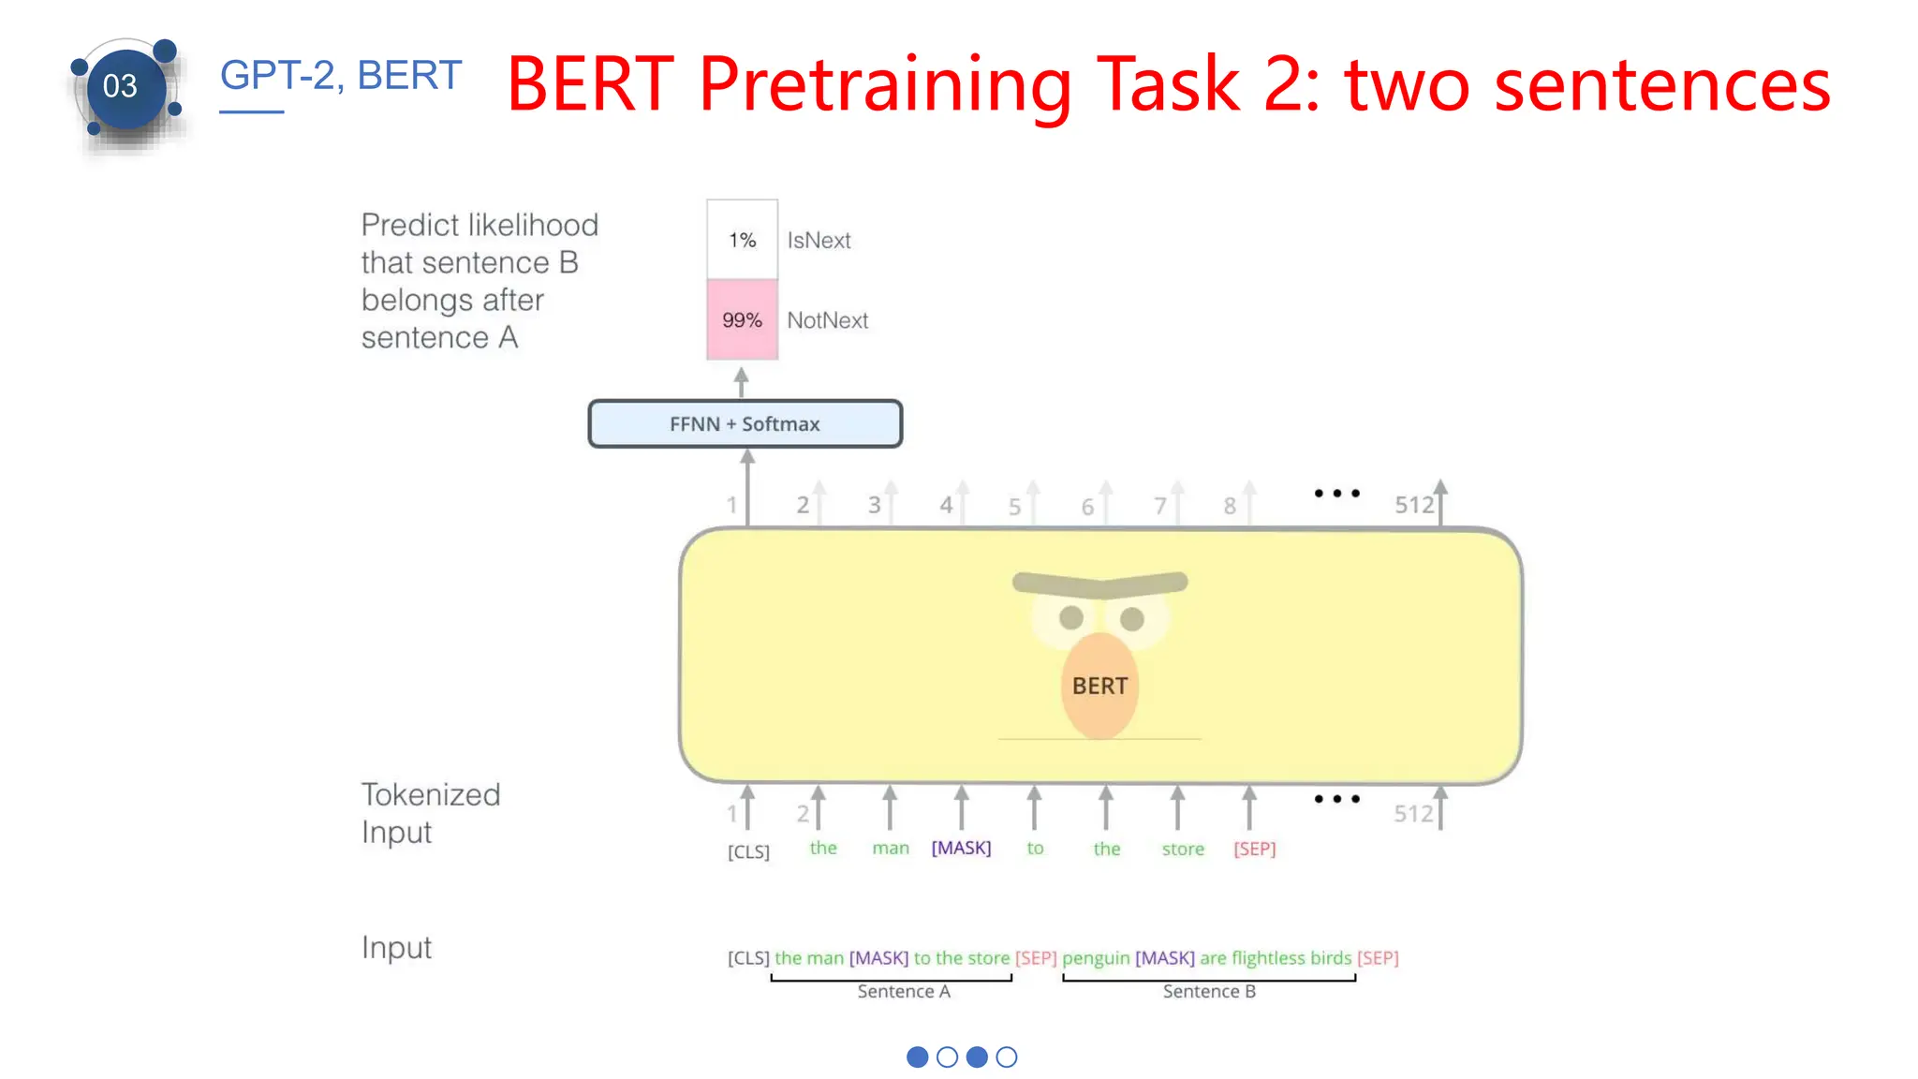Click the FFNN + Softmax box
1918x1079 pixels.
745,424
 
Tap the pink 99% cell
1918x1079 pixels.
742,320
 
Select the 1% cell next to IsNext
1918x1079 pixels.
742,240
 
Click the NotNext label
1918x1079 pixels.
827,320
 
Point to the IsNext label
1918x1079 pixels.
819,241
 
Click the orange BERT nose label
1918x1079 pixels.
1099,686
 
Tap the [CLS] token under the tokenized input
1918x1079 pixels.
748,851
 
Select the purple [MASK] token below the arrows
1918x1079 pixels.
961,848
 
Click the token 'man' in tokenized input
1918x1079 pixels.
891,848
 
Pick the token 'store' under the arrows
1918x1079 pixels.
1183,849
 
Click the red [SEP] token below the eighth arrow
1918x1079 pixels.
1254,849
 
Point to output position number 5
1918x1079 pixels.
1014,507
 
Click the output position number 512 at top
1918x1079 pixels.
1414,505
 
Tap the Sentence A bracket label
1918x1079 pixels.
904,991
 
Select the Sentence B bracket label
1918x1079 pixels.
1209,991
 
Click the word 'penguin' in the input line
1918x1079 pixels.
1096,958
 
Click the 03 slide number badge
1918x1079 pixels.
121,87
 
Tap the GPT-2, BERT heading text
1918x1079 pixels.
341,76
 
